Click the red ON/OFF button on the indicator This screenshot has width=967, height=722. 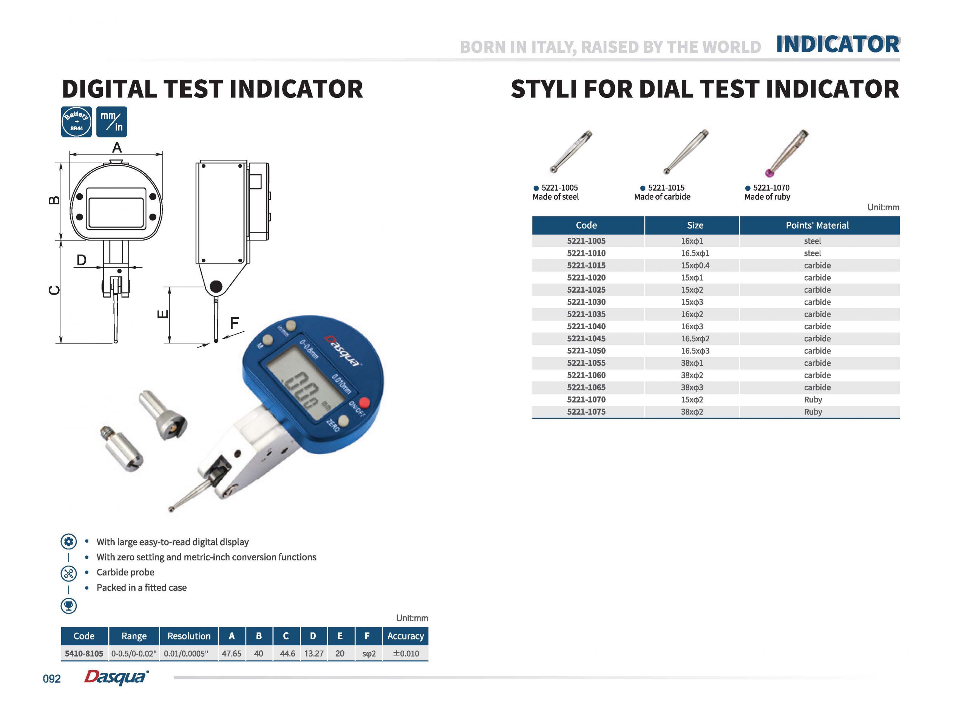coord(364,403)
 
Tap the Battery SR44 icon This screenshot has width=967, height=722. coord(77,122)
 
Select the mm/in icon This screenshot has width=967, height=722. coord(111,122)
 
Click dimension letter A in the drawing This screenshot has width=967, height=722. coord(117,148)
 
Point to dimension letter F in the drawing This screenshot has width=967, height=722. coord(234,323)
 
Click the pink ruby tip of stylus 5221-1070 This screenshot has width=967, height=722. coord(770,173)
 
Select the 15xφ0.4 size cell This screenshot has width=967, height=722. coord(695,265)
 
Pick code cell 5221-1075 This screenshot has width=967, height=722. coord(586,412)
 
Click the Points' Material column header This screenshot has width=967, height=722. coord(817,225)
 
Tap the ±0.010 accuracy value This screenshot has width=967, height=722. coord(405,653)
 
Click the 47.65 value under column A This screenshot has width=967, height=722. coord(231,653)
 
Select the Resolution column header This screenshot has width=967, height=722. coord(189,636)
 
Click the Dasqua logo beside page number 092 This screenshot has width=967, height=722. coord(116,677)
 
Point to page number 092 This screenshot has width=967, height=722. coord(52,679)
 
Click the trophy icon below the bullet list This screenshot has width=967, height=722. coord(69,606)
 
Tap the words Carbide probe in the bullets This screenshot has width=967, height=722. coord(125,572)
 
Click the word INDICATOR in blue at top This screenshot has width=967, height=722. coord(837,44)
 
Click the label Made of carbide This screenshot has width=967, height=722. coord(662,197)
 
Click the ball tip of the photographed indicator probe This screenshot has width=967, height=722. coord(171,509)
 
